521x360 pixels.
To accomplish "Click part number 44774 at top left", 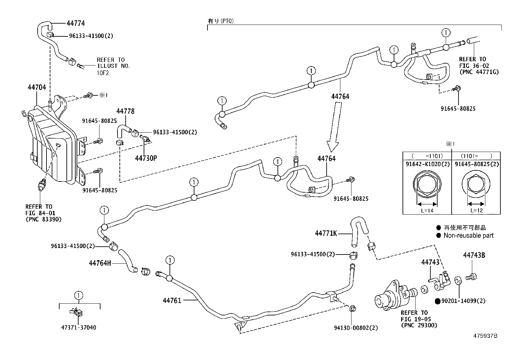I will (76, 23).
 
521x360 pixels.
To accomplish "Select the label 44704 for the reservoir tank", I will (36, 87).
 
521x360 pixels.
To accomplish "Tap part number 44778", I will (125, 111).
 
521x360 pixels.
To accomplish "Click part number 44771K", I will (326, 233).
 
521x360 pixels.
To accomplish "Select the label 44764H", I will (100, 263).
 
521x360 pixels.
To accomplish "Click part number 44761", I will (172, 300).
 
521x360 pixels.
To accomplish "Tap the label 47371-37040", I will (79, 327).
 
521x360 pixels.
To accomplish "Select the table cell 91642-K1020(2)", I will (427, 164).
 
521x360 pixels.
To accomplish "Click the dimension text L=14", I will (427, 210).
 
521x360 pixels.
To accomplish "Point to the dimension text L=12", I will (476, 210).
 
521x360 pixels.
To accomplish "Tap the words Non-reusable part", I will (468, 235).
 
